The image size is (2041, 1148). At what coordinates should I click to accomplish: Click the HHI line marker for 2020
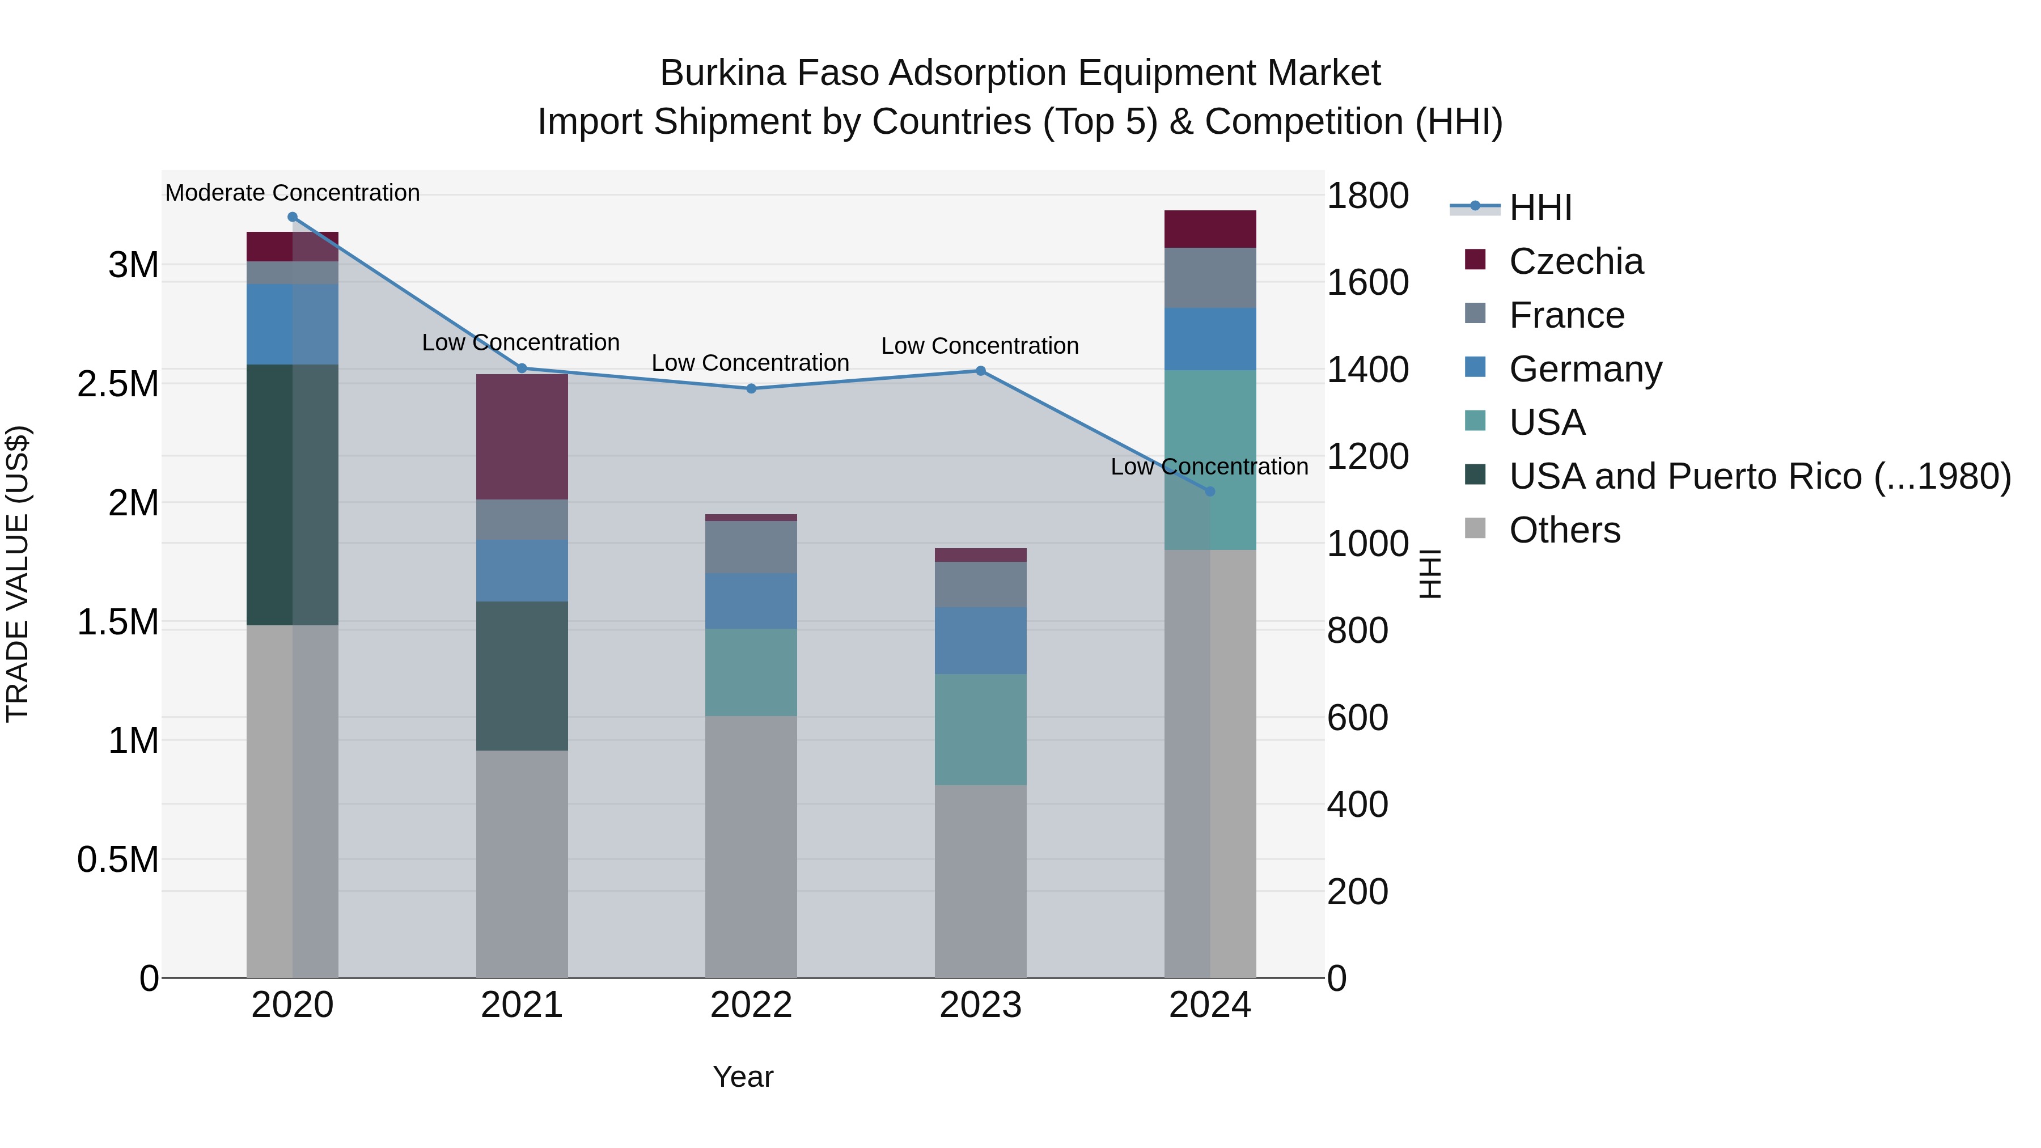pos(293,217)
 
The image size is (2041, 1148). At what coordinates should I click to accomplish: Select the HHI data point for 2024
pos(1210,491)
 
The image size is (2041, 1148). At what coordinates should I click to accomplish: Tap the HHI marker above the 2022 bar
pos(751,388)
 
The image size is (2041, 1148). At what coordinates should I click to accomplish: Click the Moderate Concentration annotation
pos(293,193)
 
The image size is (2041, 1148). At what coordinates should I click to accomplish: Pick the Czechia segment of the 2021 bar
pos(522,437)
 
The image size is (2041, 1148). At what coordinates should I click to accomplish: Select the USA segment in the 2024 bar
pos(1210,460)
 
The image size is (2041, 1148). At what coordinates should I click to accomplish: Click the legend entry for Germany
pos(1585,369)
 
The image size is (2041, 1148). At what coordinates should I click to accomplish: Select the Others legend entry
pos(1564,530)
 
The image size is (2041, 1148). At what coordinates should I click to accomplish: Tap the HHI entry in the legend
pos(1539,207)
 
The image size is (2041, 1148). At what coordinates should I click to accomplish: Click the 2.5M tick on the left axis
pos(117,384)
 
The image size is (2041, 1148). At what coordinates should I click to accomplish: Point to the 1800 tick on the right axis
pos(1367,196)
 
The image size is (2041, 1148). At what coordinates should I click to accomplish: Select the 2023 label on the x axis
pos(980,1005)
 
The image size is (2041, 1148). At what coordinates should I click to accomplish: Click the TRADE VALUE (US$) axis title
pos(18,574)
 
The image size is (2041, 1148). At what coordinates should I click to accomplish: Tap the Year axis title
pos(742,1077)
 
